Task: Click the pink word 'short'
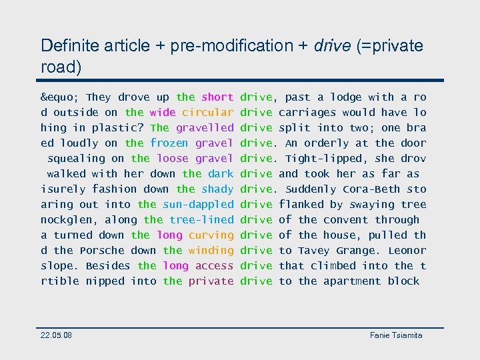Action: pos(217,97)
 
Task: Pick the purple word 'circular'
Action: pos(208,113)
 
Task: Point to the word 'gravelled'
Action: pos(205,128)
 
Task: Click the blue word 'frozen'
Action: pos(169,143)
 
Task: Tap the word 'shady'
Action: pos(217,189)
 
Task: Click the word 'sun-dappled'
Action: pos(199,205)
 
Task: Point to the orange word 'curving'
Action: pos(211,235)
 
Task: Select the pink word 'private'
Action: pos(211,281)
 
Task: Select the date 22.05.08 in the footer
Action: pos(56,335)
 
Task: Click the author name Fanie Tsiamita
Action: pos(396,335)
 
